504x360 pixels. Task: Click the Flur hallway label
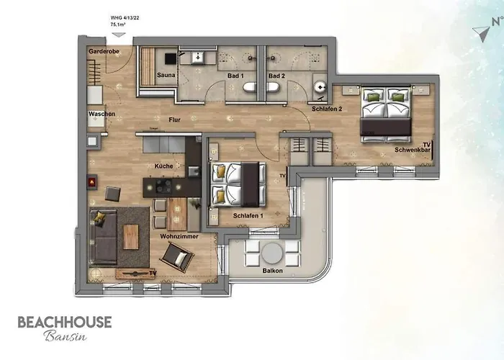click(x=174, y=120)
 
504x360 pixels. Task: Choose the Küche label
click(x=163, y=166)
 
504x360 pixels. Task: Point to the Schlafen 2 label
click(x=326, y=108)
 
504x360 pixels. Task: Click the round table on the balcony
click(x=272, y=253)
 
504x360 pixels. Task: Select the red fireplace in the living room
click(x=91, y=183)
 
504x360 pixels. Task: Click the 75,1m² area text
click(x=120, y=24)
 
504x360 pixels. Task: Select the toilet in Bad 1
click(x=249, y=87)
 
